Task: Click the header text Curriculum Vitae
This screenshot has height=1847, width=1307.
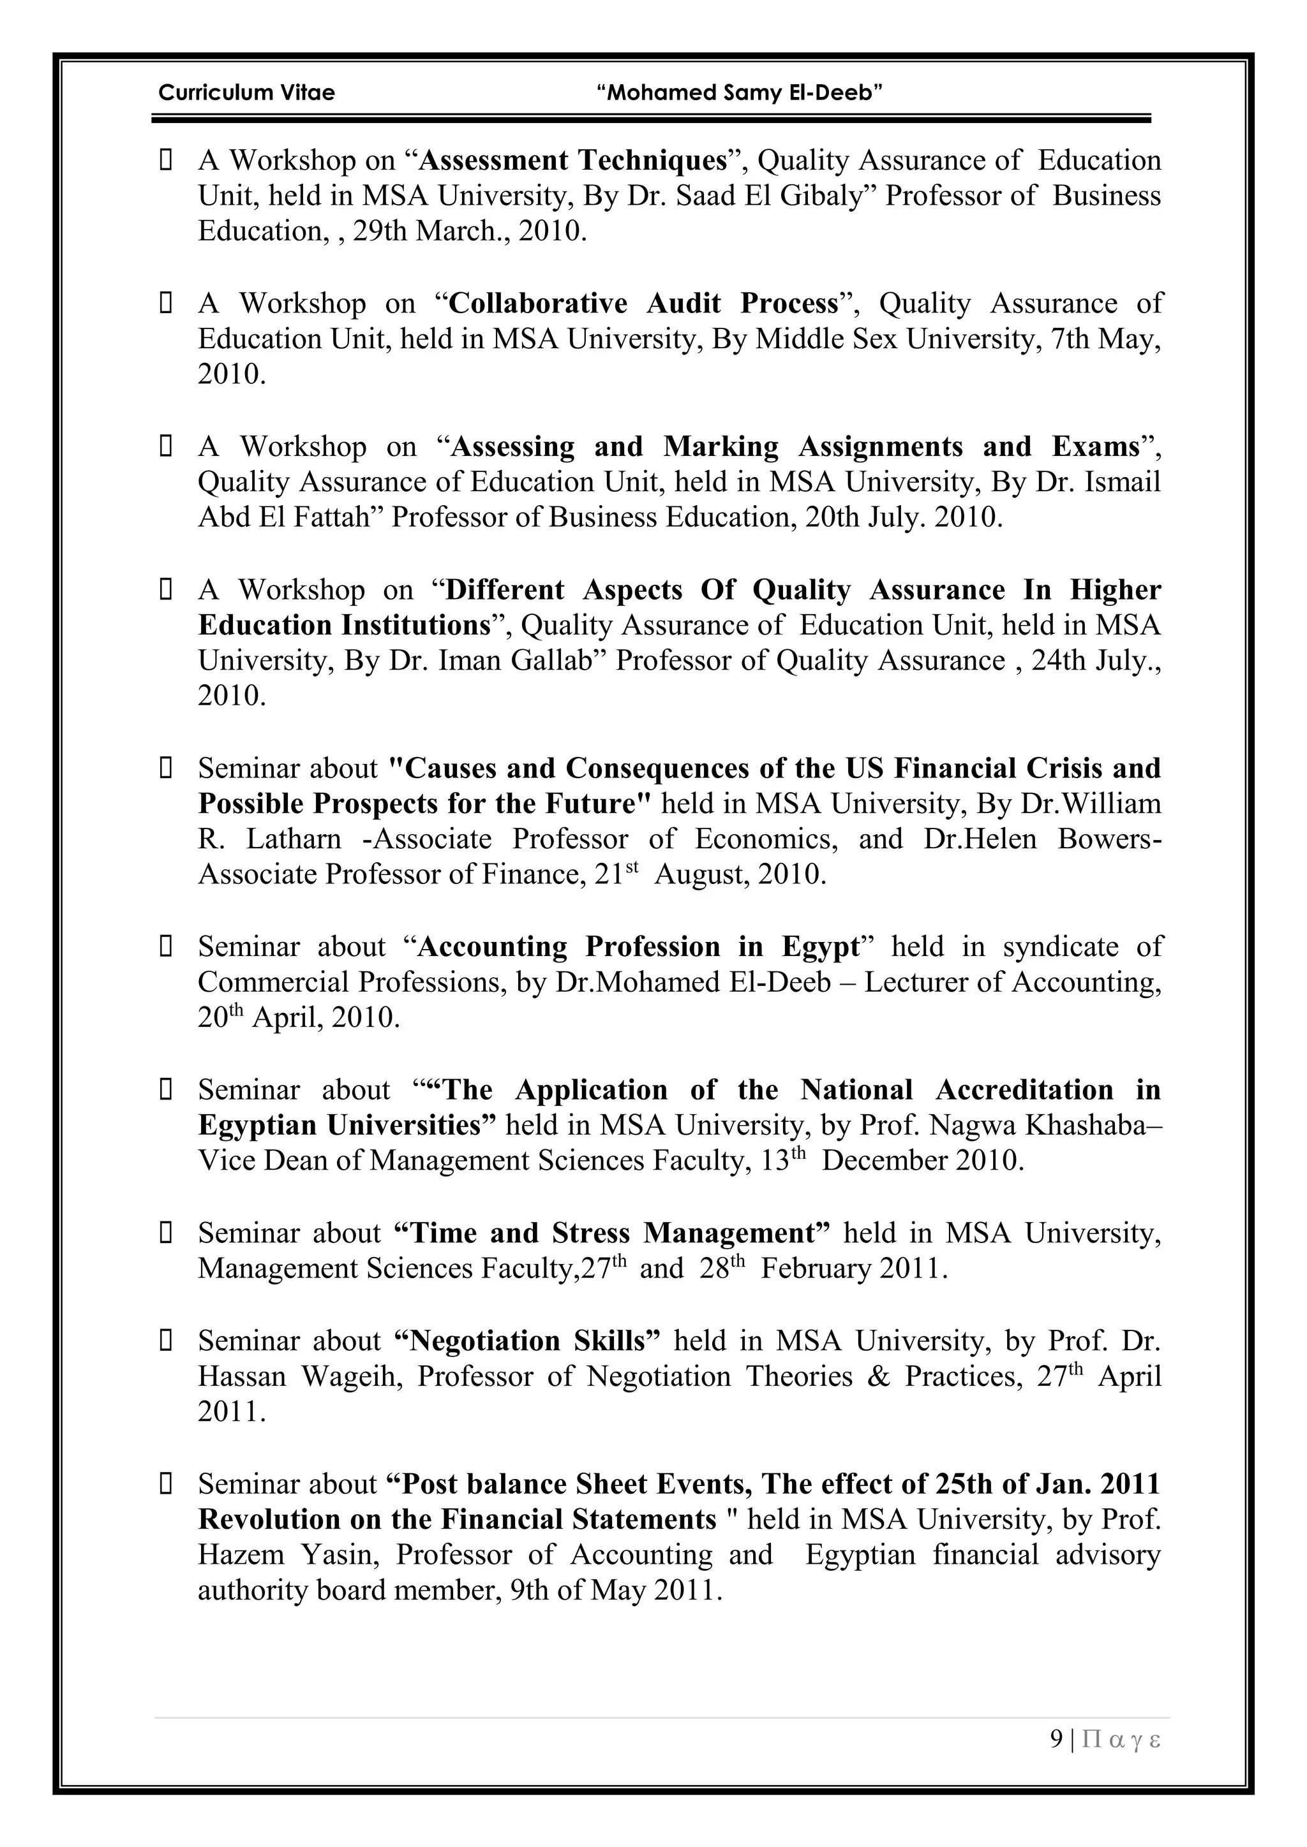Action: (x=246, y=92)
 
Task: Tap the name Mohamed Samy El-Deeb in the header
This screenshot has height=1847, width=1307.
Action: (x=740, y=92)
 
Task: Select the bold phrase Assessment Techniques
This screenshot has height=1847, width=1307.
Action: (x=573, y=161)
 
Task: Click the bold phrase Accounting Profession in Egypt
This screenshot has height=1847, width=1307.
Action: (x=639, y=947)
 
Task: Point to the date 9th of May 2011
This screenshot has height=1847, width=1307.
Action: (x=616, y=1591)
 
